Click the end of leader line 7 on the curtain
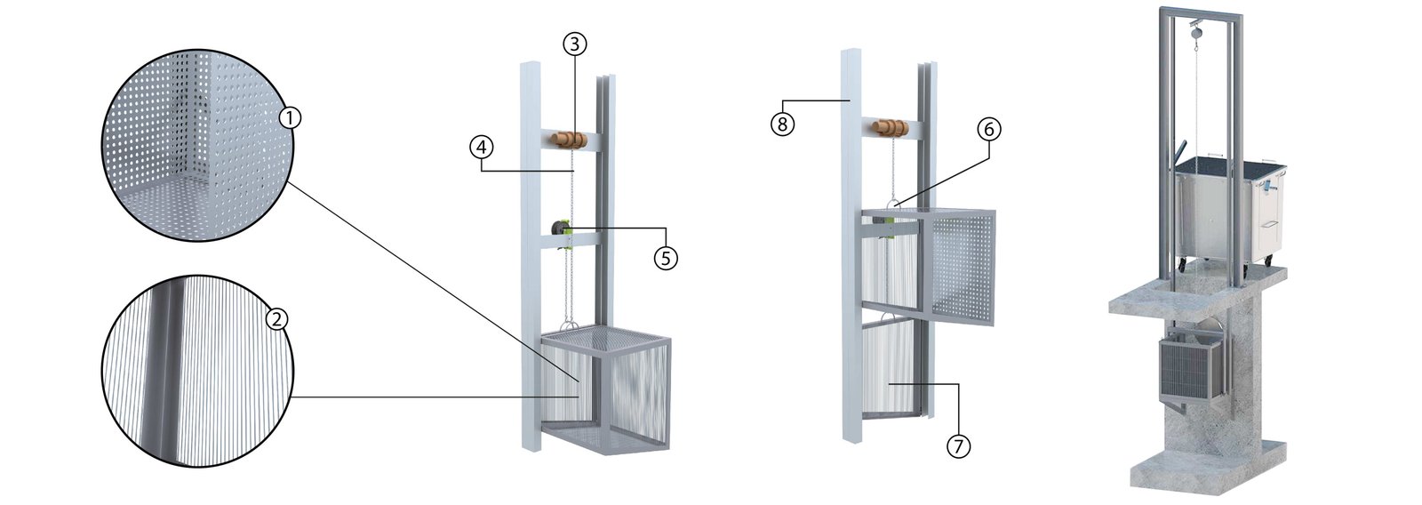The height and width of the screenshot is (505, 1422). [889, 384]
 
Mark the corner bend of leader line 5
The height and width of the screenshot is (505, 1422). [666, 228]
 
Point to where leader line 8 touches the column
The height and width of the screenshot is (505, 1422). [850, 100]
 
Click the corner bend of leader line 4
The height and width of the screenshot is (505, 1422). [482, 171]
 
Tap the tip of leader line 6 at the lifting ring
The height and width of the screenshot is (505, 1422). [899, 204]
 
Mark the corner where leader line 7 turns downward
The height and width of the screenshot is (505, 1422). [958, 384]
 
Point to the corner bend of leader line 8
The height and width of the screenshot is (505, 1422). [783, 100]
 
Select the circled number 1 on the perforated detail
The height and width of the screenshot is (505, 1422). [290, 117]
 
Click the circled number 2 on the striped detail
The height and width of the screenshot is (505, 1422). [276, 318]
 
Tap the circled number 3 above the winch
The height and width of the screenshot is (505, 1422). [574, 44]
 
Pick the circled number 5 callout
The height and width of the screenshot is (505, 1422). [666, 258]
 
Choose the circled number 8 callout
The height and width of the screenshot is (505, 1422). [783, 124]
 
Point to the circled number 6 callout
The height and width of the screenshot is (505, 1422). [988, 130]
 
